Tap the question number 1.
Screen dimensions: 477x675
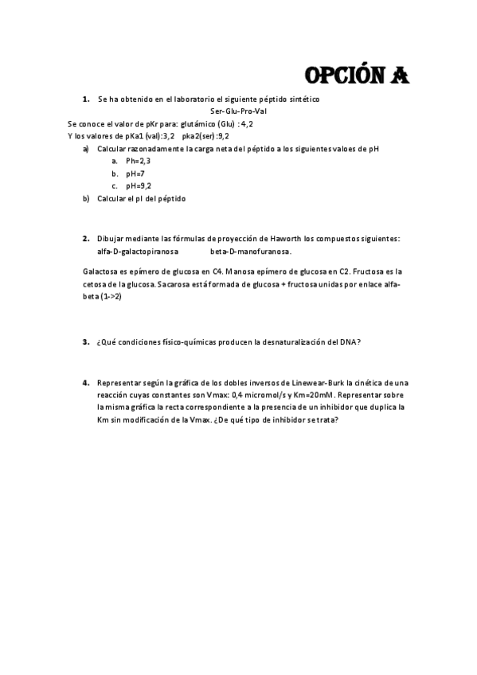[85, 99]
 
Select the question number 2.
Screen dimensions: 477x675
[85, 238]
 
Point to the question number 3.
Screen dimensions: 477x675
[85, 341]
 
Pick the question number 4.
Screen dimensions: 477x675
[85, 383]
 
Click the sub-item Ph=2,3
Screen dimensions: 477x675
[138, 161]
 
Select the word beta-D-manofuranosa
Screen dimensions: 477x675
[251, 251]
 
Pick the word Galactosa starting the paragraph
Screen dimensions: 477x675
[101, 271]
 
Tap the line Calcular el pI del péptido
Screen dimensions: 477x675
[141, 199]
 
